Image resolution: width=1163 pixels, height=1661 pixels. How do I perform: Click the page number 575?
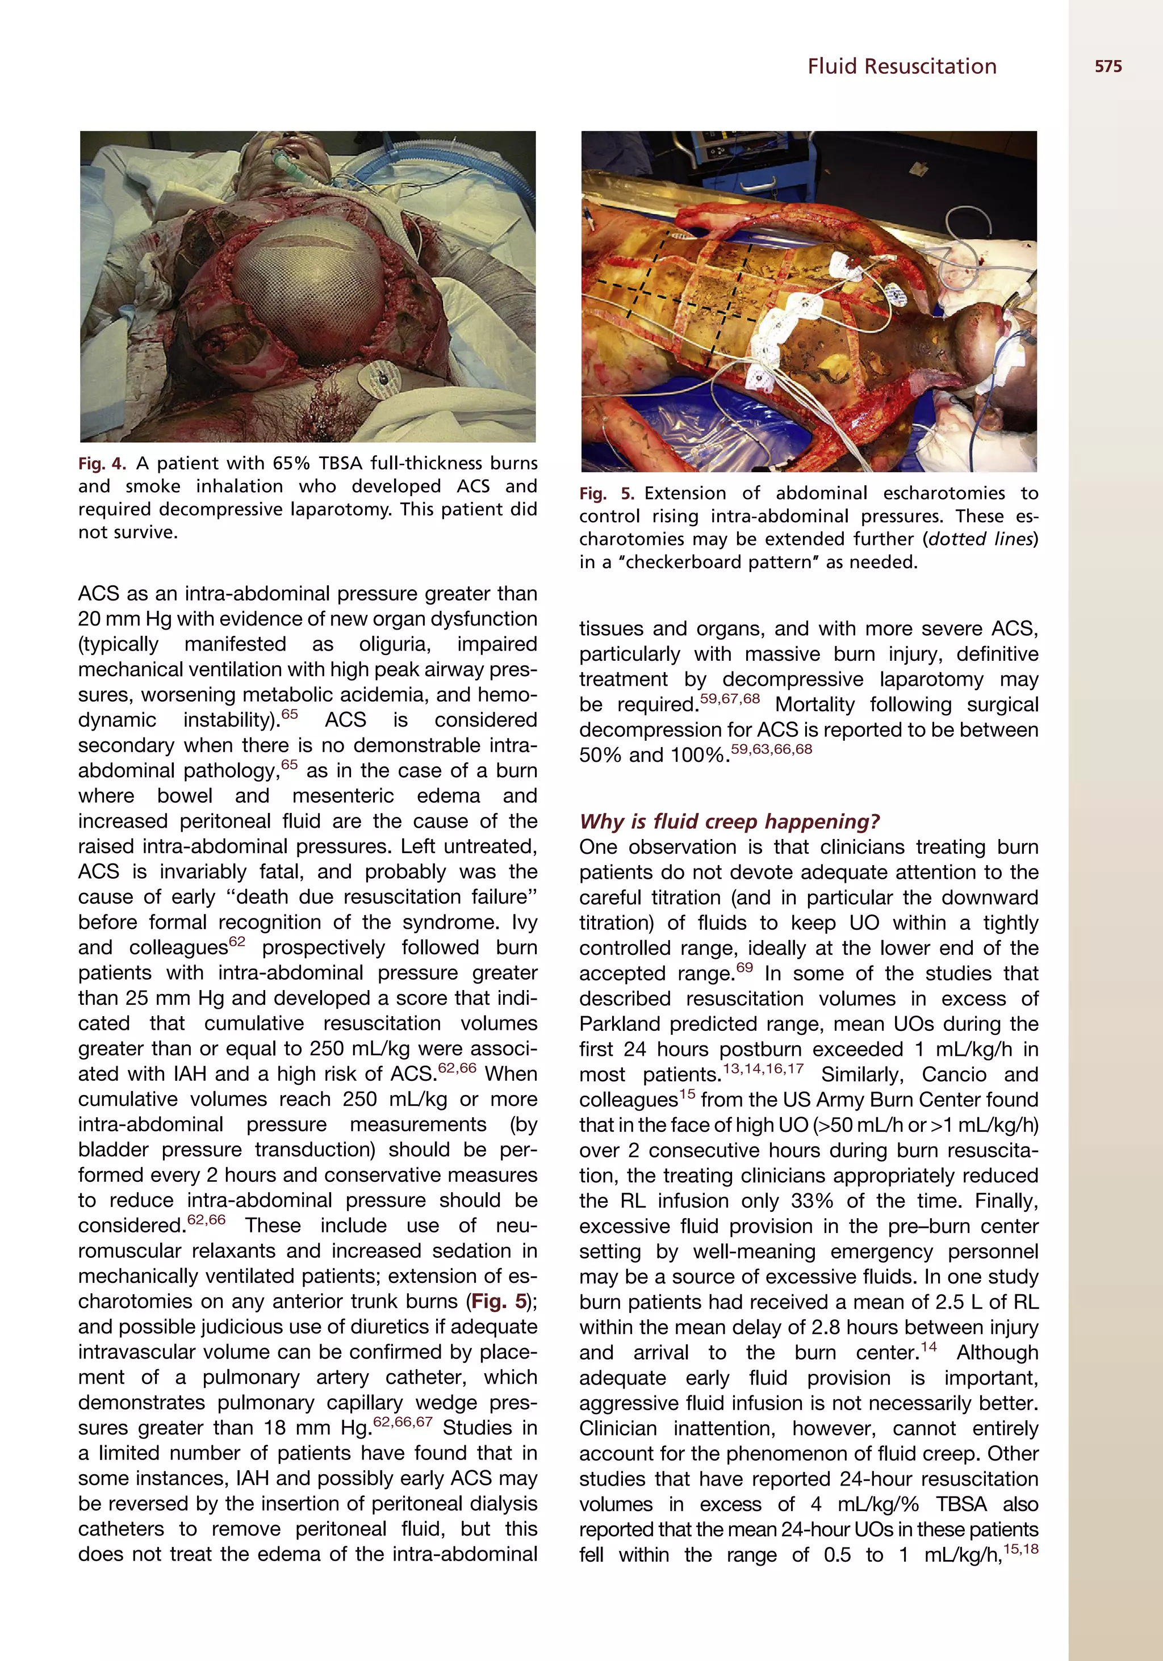1107,66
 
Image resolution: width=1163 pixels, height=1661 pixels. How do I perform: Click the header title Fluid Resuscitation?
902,66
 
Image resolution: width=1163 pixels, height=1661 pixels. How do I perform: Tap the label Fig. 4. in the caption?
102,463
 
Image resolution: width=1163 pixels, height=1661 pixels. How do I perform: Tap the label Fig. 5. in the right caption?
606,493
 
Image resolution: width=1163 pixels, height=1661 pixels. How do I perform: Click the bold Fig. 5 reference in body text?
499,1302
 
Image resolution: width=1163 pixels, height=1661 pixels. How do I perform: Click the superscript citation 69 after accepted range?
744,967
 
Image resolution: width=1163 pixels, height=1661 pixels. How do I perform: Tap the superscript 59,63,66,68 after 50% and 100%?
772,749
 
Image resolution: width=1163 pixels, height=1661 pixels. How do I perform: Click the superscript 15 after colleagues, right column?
687,1094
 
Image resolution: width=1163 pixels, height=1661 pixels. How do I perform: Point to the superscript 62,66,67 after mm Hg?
403,1421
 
